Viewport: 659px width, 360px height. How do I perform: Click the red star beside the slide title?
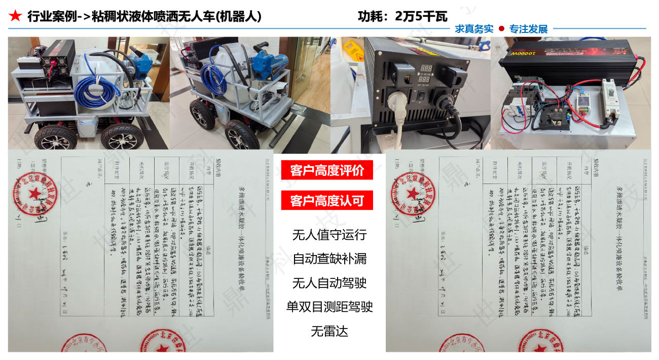(15, 16)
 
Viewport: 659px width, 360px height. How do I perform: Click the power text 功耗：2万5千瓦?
(402, 16)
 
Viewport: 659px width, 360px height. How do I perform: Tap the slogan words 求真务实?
(474, 29)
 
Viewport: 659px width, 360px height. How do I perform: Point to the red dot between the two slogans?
(501, 29)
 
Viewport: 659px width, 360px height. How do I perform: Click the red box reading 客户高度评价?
(327, 170)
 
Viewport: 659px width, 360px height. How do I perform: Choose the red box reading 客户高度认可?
(327, 201)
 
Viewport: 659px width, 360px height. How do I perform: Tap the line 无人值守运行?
(329, 235)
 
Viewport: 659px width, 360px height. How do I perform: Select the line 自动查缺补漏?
(329, 259)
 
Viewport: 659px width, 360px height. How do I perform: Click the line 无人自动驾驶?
(329, 282)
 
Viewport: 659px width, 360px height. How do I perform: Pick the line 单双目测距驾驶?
(329, 307)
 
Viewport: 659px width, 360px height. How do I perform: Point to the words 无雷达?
(329, 331)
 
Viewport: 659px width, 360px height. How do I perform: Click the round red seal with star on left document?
(32, 194)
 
